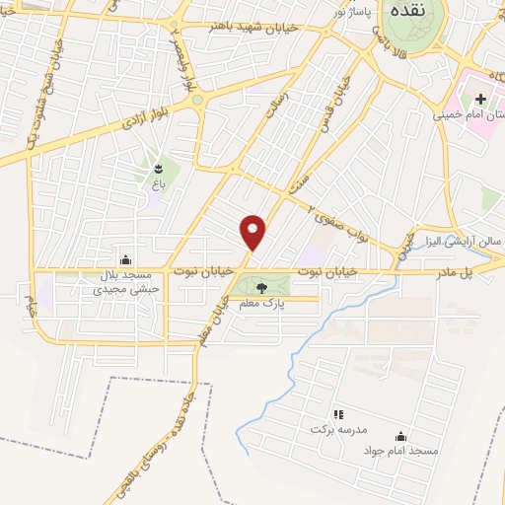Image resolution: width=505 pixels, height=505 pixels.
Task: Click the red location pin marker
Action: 254,232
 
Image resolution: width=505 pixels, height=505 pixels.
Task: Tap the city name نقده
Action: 406,16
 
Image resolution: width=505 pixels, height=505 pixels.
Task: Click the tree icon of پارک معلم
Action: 261,288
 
